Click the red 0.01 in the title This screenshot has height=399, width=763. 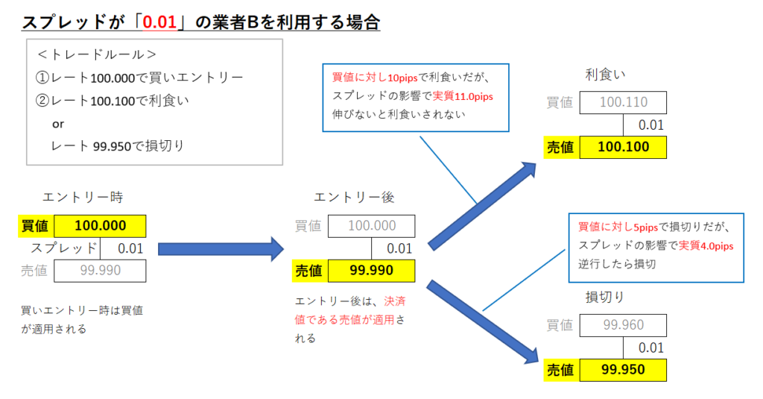click(x=159, y=22)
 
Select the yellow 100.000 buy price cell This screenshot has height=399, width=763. click(x=100, y=226)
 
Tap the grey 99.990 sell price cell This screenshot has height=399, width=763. click(x=100, y=271)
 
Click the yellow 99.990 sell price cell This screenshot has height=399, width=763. click(x=371, y=271)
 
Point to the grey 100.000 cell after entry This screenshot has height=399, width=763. click(x=371, y=226)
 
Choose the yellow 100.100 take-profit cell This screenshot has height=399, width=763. click(x=623, y=147)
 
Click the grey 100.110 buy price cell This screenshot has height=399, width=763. click(x=623, y=102)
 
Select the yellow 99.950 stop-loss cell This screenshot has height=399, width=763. click(x=623, y=370)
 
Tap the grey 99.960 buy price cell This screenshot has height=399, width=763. click(x=623, y=325)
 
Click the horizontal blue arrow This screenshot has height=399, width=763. click(x=221, y=249)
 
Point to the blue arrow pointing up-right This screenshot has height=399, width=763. click(x=482, y=206)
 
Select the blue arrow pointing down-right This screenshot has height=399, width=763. click(x=483, y=322)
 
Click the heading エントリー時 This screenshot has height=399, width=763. click(x=83, y=198)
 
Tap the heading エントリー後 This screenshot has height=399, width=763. click(x=354, y=198)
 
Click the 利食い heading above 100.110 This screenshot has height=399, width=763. click(x=605, y=75)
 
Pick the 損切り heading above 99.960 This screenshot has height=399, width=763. click(x=604, y=297)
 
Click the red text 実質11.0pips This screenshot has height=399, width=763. click(x=463, y=96)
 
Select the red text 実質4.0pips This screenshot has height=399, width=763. click(x=706, y=246)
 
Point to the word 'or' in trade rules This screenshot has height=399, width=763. click(x=58, y=125)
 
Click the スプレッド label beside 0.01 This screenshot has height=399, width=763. click(x=64, y=248)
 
